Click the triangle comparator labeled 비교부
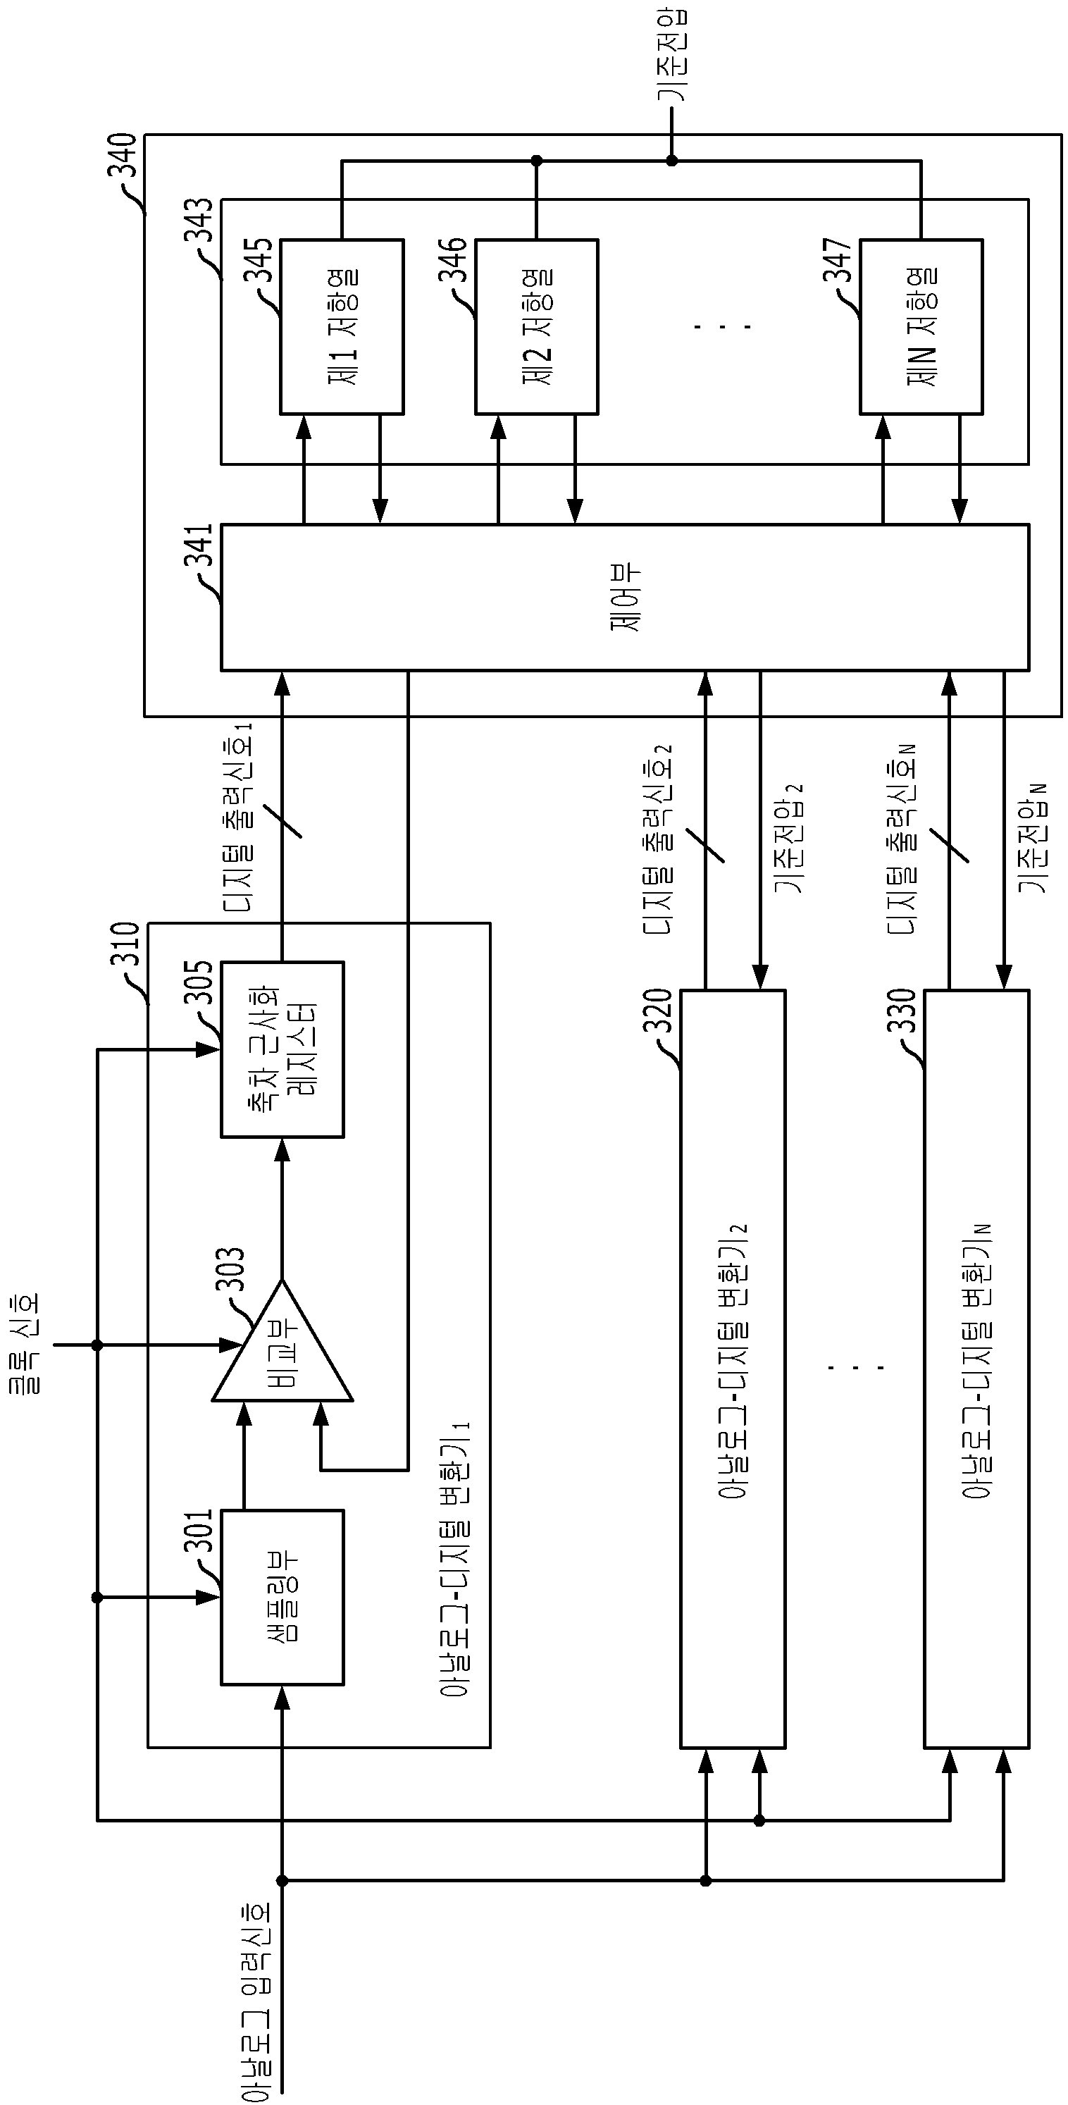coord(282,1342)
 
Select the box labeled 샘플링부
coord(282,1597)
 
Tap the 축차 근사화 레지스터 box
coord(282,1049)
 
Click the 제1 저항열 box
coord(342,327)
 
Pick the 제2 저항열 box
coord(537,327)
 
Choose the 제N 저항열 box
coord(921,327)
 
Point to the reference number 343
coord(199,221)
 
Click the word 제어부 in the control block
coord(626,598)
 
